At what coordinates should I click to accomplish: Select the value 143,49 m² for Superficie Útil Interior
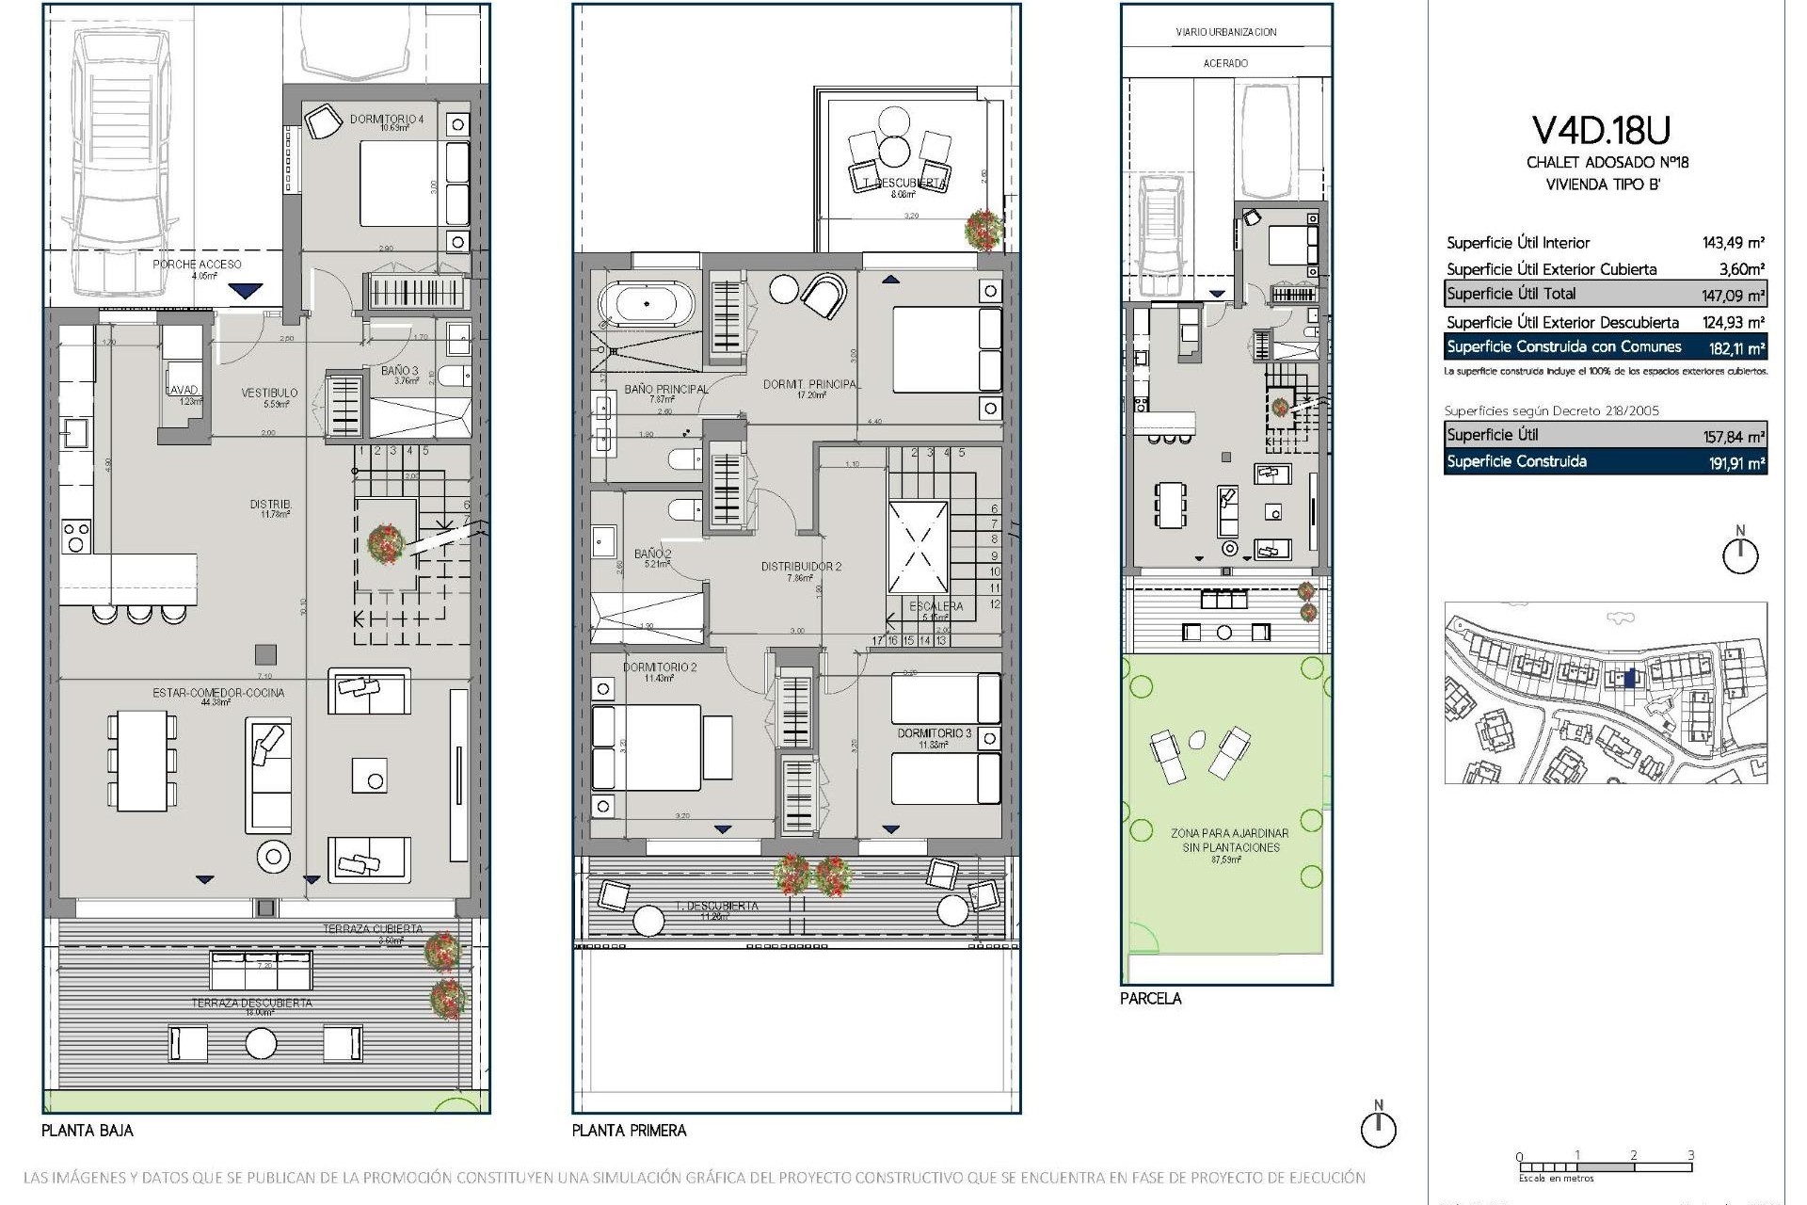pyautogui.click(x=1733, y=243)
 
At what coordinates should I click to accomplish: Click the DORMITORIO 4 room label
pyautogui.click(x=386, y=120)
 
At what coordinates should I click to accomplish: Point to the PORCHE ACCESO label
pyautogui.click(x=197, y=265)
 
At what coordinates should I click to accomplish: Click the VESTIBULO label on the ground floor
pyautogui.click(x=269, y=393)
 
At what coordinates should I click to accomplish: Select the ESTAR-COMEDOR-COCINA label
pyautogui.click(x=217, y=693)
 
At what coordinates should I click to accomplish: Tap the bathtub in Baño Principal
pyautogui.click(x=646, y=304)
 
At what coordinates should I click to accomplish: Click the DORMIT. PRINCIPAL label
pyautogui.click(x=809, y=384)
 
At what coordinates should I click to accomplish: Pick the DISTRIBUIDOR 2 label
pyautogui.click(x=801, y=567)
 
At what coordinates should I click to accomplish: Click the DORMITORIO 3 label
pyautogui.click(x=934, y=732)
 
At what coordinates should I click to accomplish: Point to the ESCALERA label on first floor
pyautogui.click(x=935, y=606)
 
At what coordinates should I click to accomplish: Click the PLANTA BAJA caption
pyautogui.click(x=87, y=1131)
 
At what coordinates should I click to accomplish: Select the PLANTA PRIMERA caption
pyautogui.click(x=629, y=1131)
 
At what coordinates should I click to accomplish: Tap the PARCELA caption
pyautogui.click(x=1150, y=999)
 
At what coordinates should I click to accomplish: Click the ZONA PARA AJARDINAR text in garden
pyautogui.click(x=1229, y=834)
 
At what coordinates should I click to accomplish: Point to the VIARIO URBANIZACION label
pyautogui.click(x=1225, y=32)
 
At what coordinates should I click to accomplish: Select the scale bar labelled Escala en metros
pyautogui.click(x=1605, y=1167)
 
